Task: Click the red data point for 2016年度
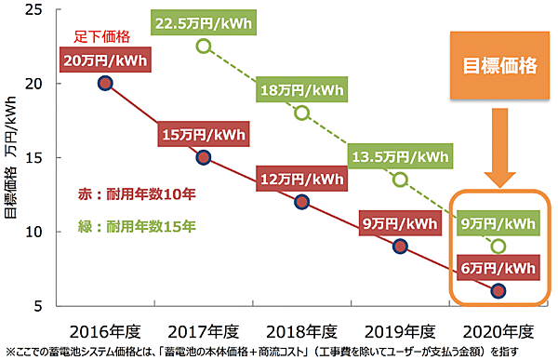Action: [105, 83]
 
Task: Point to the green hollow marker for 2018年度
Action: [301, 113]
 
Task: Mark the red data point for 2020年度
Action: [498, 290]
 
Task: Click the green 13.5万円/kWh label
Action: [401, 154]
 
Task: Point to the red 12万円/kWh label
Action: [301, 179]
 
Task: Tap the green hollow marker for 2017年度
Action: [204, 47]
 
